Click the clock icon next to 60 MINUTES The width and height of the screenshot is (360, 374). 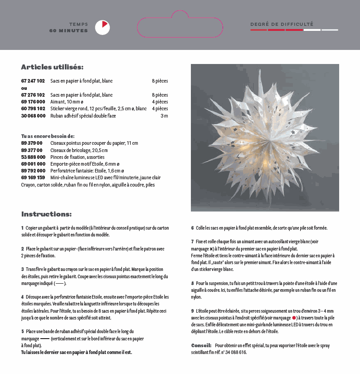102,28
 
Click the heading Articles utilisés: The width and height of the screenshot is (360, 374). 52,67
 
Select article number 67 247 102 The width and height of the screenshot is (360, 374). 33,81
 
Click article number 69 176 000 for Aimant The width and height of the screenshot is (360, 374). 33,102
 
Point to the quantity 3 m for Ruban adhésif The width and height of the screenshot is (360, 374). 164,116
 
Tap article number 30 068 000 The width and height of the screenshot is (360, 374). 33,116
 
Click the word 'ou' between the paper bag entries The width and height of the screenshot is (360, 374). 24,88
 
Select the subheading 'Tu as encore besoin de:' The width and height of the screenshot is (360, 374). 48,136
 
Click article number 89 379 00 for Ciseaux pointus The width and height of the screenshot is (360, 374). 32,143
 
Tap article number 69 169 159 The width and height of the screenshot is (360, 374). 33,177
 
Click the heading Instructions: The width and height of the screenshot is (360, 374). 46,214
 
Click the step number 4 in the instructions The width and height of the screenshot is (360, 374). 22,296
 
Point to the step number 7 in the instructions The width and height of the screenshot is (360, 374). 192,242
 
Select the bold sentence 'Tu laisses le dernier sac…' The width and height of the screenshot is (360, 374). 77,352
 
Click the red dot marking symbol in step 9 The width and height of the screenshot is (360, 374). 294,318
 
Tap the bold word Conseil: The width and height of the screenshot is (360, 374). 201,345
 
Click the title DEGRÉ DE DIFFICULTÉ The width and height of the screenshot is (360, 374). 282,24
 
